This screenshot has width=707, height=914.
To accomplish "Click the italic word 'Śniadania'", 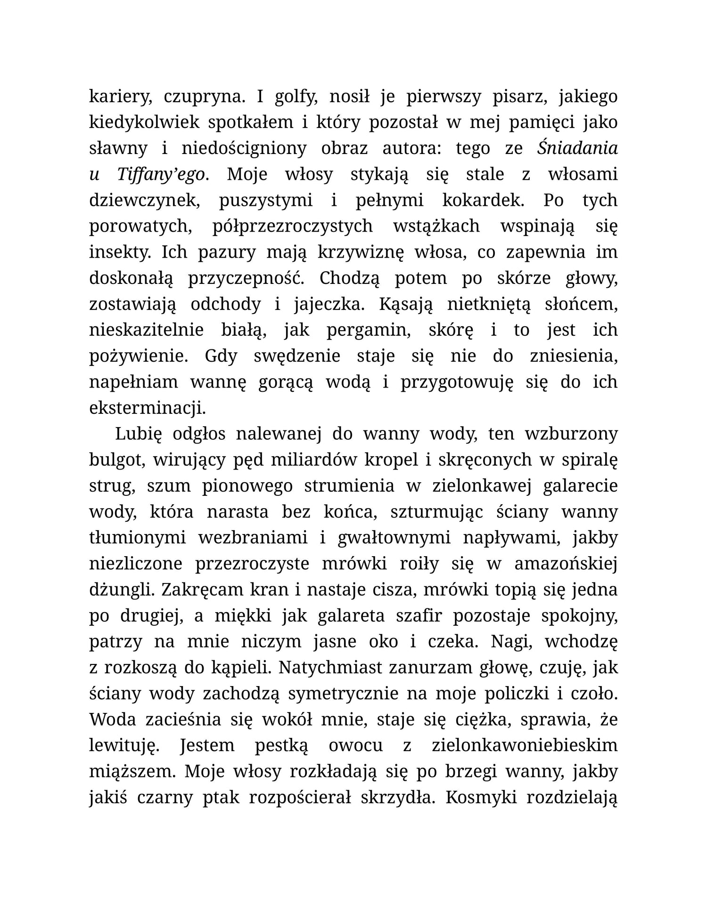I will click(x=577, y=148).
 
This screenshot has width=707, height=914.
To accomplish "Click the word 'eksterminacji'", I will click(x=148, y=408).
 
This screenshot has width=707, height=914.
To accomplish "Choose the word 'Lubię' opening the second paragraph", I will click(x=138, y=434).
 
